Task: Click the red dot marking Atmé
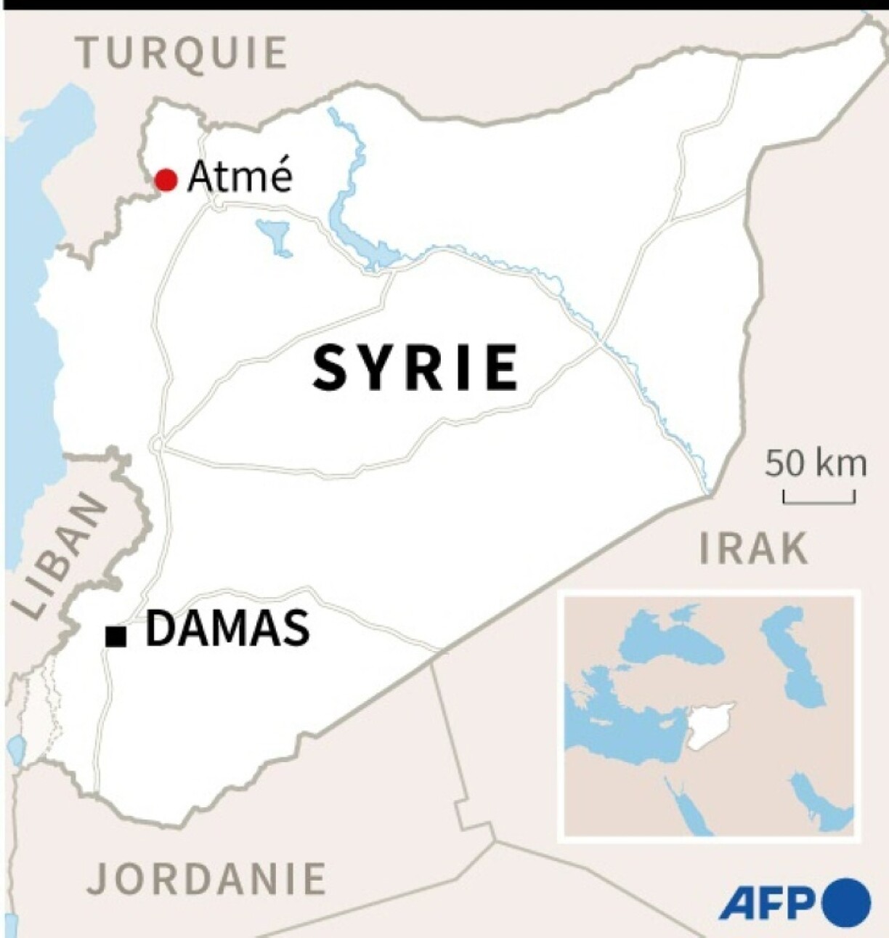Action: click(166, 179)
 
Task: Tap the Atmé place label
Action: click(239, 177)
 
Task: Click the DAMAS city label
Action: click(227, 628)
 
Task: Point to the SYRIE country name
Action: click(415, 368)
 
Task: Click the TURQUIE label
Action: click(183, 52)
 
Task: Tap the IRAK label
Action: click(753, 548)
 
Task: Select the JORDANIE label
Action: click(206, 878)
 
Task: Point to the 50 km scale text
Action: click(815, 463)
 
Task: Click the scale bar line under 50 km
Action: click(819, 501)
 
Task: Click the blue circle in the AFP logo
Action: click(846, 902)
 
